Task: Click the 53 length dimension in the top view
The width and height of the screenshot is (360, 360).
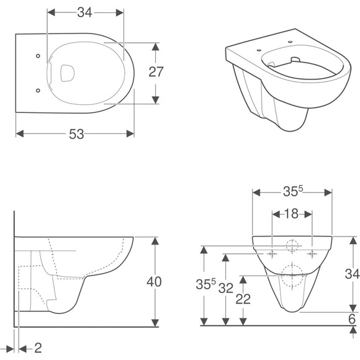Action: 76,134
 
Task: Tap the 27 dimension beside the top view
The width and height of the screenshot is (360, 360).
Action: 156,71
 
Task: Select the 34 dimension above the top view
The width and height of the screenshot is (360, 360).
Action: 84,12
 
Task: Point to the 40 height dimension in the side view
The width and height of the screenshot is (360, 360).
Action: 154,282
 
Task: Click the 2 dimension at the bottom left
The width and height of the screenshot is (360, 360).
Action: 38,348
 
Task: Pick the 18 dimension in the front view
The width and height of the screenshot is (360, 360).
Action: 292,214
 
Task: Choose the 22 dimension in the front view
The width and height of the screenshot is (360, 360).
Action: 243,299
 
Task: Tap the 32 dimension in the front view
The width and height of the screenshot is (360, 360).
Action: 226,288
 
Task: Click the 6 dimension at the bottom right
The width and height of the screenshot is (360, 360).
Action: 352,319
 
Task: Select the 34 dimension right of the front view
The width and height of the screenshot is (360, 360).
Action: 352,274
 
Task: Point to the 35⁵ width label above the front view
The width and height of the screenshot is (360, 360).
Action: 293,191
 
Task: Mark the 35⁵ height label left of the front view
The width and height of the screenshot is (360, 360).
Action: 206,284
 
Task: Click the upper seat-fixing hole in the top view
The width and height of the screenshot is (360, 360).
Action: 38,56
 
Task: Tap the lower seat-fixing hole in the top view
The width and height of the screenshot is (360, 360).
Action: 38,91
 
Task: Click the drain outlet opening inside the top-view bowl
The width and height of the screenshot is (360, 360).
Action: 67,73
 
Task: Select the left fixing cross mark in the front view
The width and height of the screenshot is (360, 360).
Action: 272,254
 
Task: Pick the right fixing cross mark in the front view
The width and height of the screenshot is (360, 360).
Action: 312,254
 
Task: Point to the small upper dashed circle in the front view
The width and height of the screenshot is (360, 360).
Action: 292,246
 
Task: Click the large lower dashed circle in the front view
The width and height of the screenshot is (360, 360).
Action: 292,276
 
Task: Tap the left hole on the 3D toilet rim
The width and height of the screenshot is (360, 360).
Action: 259,50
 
